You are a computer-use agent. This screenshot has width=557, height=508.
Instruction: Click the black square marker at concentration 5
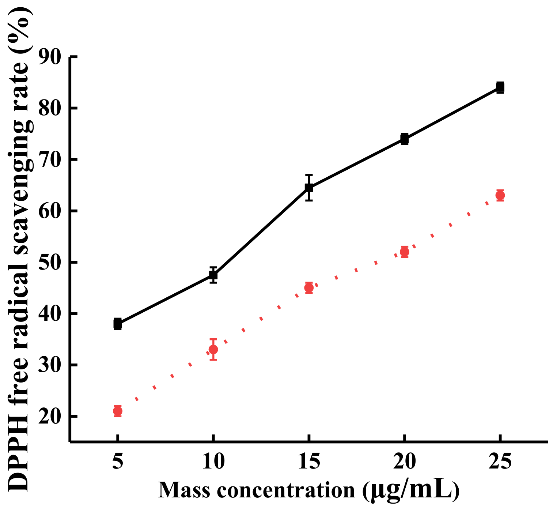[117, 324]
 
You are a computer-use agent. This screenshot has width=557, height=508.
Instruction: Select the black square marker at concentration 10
[213, 275]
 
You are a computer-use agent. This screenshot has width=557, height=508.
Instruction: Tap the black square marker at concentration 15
[309, 188]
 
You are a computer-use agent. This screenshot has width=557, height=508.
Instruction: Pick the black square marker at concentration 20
[404, 139]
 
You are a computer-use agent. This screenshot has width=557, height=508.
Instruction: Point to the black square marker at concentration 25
[500, 87]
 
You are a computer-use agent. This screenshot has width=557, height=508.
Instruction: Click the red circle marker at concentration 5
[117, 411]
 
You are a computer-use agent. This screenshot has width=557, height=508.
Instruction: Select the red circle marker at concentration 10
[213, 349]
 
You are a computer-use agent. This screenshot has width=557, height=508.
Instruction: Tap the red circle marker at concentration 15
[309, 288]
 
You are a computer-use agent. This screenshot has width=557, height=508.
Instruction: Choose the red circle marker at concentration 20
[404, 252]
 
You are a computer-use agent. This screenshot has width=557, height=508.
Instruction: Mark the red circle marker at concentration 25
[500, 195]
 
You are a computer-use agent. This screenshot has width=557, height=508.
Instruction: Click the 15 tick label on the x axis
[309, 462]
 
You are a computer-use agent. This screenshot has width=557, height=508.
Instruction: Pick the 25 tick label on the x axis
[500, 462]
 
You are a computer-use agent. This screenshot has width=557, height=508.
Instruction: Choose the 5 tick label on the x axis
[117, 462]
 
